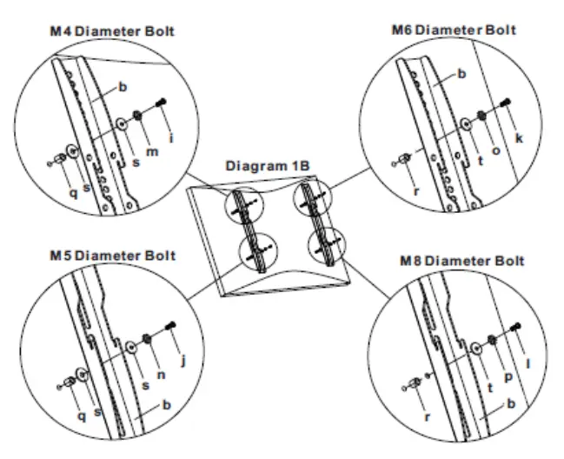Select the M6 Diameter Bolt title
tap(454, 30)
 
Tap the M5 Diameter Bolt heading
tap(111, 256)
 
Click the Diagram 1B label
tap(265, 164)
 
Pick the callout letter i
tap(174, 137)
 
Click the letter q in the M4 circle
tap(73, 193)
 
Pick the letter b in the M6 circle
tap(461, 75)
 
